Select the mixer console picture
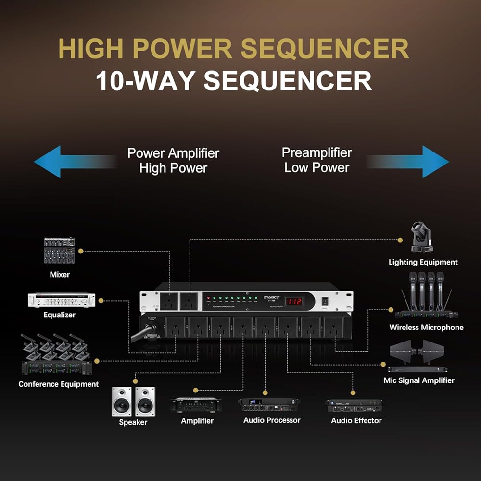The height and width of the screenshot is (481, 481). coord(60,250)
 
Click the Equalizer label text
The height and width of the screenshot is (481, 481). coord(60,315)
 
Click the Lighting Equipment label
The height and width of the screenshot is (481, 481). coord(423,262)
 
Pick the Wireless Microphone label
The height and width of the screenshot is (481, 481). coord(426,328)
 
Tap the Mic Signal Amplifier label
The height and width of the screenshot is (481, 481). coord(419,380)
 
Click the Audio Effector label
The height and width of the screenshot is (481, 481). coord(356,421)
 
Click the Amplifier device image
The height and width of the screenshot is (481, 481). coord(196,405)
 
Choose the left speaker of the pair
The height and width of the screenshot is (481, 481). coord(121,401)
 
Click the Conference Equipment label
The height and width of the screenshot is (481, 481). coord(59,384)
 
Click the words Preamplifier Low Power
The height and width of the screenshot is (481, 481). coord(316,160)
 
